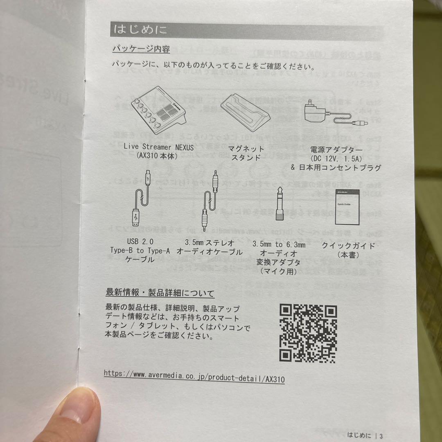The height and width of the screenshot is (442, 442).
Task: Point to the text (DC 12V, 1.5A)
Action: click(335, 159)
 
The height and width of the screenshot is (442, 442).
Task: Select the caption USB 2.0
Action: click(140, 242)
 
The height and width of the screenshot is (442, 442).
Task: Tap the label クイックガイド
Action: click(348, 246)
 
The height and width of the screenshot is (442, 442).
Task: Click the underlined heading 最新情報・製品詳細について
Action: click(160, 293)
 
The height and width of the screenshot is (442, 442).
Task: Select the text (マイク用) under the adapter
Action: click(280, 271)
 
